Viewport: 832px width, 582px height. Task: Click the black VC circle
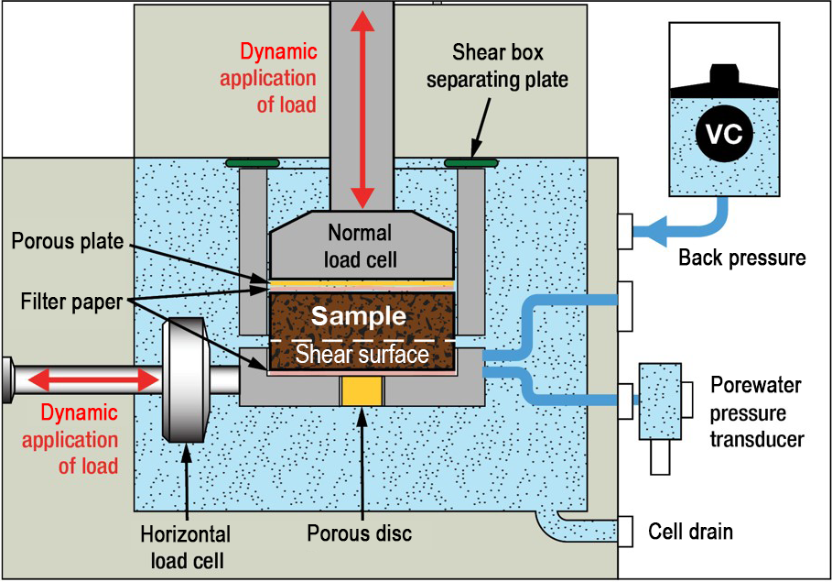(x=725, y=137)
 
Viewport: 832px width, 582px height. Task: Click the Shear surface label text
(x=362, y=354)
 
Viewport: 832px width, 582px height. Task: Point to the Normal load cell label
(x=361, y=246)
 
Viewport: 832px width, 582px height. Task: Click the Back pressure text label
(x=741, y=258)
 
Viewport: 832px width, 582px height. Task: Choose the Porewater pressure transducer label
(x=757, y=412)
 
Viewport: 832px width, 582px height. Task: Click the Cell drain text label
(x=690, y=531)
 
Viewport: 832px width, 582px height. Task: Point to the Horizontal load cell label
(x=185, y=545)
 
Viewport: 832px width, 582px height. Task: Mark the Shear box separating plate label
(x=510, y=66)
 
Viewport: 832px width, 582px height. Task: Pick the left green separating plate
(x=251, y=163)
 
